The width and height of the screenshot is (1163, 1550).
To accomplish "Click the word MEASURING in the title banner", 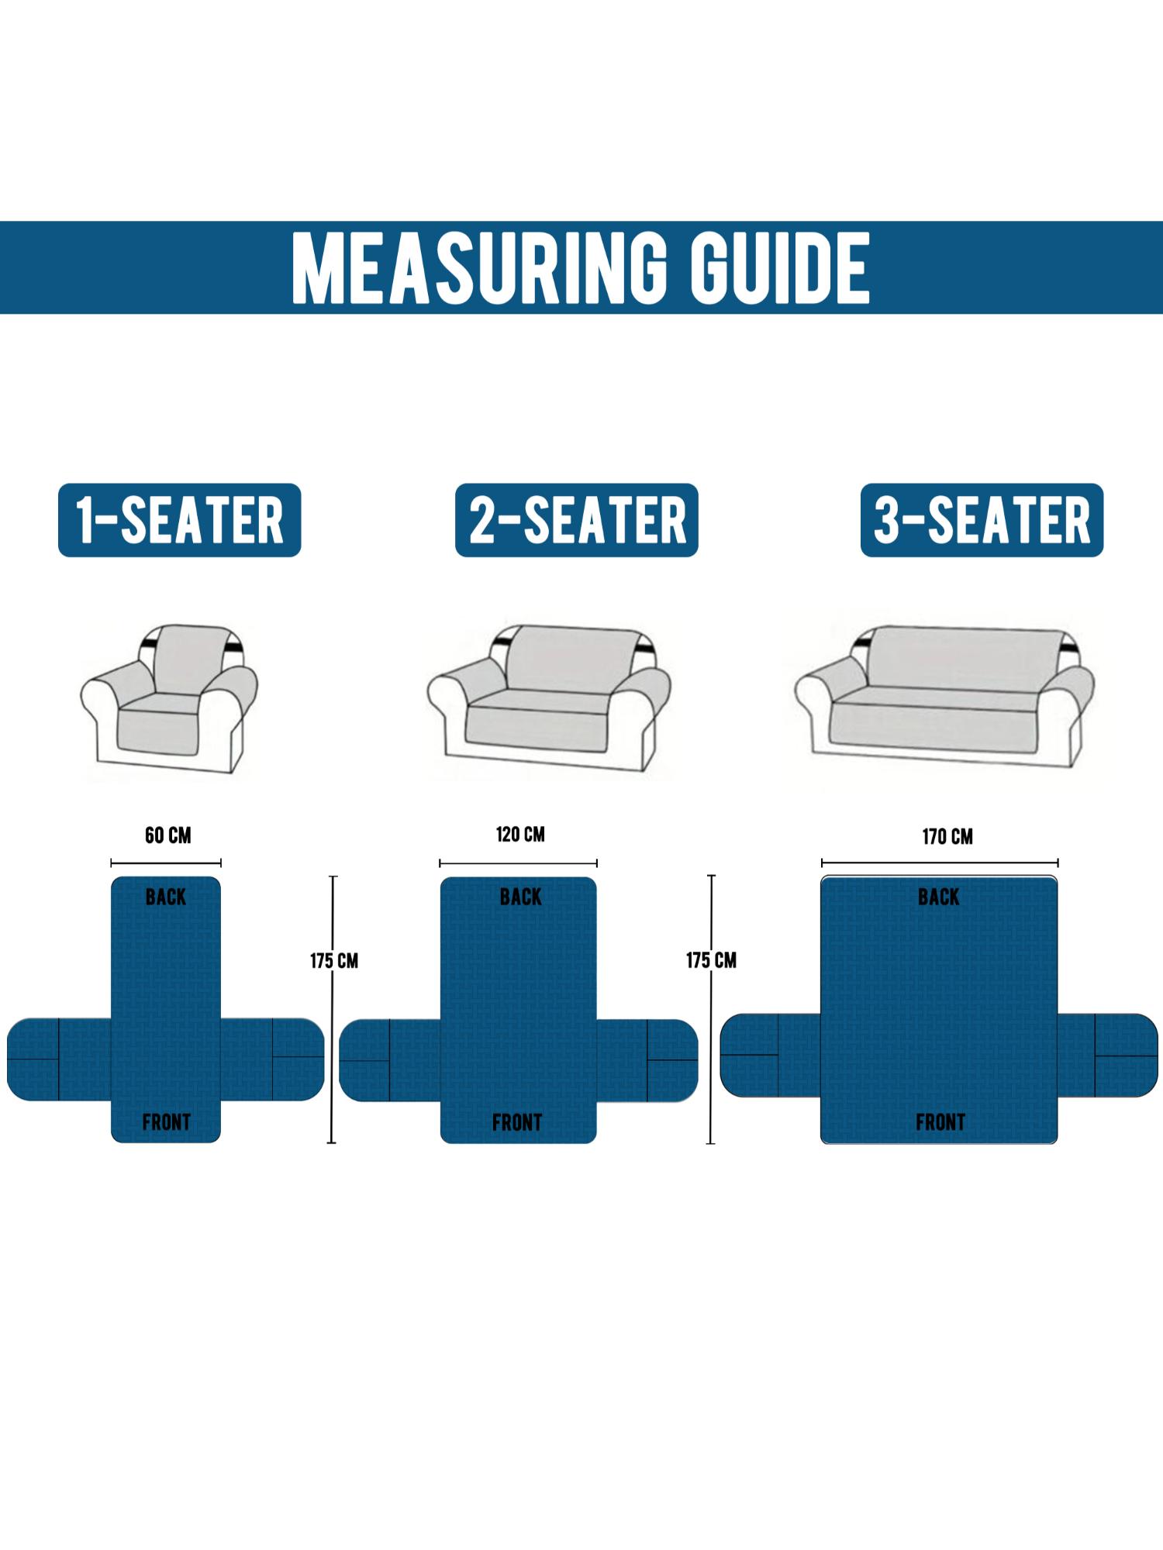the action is (x=479, y=268).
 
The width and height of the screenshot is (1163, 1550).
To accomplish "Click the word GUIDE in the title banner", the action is (x=781, y=268).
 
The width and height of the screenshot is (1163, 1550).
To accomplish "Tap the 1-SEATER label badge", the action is (x=179, y=520).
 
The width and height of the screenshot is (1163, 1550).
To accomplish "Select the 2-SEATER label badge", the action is (x=577, y=520).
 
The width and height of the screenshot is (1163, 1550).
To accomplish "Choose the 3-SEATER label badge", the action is (x=982, y=520).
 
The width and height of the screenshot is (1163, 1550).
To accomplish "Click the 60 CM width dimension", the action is (x=167, y=835).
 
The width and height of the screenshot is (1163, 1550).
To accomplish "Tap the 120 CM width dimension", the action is (x=520, y=835).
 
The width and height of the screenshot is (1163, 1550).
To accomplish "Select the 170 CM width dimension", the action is (x=947, y=837).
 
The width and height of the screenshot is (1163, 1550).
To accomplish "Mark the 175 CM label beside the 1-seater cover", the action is (x=334, y=961).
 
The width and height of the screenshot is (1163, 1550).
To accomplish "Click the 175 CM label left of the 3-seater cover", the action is (x=711, y=961).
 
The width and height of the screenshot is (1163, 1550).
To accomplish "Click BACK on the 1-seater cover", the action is (x=166, y=897).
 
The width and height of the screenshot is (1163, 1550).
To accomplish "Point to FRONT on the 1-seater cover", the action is (x=166, y=1122).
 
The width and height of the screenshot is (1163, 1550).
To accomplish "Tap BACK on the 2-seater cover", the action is (x=521, y=897).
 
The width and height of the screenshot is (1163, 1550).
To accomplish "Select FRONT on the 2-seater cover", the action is (x=517, y=1123).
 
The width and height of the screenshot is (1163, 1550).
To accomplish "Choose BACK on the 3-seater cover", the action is (x=939, y=897).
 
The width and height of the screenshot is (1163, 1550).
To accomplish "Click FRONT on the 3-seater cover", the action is (x=940, y=1122).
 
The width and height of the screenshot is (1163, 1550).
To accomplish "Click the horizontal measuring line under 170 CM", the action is (x=940, y=863).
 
